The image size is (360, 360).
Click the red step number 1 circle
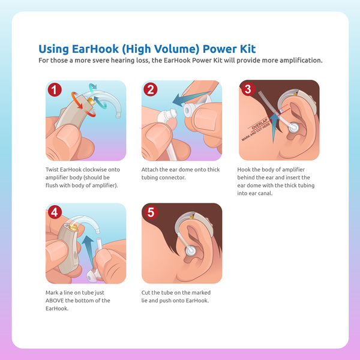click(55, 89)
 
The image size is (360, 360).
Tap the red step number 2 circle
click(151, 89)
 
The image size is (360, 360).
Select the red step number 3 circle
click(248, 89)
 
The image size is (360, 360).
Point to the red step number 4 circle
click(55, 212)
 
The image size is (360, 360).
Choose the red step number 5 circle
click(151, 212)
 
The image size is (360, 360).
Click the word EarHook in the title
click(95, 49)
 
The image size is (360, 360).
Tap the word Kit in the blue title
click(248, 49)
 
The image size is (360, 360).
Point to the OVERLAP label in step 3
click(259, 124)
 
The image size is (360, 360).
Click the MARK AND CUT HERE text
click(256, 132)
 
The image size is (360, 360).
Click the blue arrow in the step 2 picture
click(190, 99)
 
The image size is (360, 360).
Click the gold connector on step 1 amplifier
click(91, 101)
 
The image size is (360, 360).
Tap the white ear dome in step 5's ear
click(190, 250)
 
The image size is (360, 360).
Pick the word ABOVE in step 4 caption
click(55, 301)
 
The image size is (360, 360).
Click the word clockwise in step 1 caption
click(94, 170)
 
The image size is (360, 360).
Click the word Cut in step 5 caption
click(146, 293)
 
